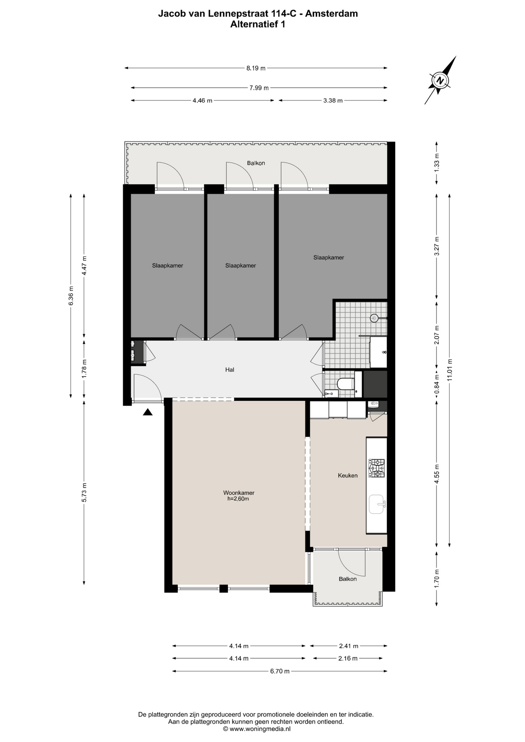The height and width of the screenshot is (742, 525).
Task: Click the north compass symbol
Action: [440, 81]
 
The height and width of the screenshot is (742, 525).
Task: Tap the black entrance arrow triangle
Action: [148, 412]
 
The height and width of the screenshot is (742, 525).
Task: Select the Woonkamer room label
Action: [239, 493]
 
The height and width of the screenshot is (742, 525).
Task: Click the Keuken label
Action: [348, 475]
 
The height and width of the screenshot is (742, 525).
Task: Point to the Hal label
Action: [230, 369]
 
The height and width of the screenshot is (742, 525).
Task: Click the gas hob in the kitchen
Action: [376, 468]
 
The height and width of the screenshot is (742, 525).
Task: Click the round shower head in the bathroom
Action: [374, 318]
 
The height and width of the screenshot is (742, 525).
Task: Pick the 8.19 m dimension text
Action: [256, 68]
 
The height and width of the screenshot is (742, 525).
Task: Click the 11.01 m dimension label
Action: [449, 370]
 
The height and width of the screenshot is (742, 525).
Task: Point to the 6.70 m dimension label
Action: [280, 671]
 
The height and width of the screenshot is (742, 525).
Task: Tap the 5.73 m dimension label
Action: [84, 493]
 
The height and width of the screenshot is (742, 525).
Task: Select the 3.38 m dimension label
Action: [333, 100]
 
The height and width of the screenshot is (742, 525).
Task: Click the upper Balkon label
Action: [256, 163]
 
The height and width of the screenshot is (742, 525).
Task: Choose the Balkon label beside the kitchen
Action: [348, 579]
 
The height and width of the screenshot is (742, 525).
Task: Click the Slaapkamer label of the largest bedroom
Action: [329, 257]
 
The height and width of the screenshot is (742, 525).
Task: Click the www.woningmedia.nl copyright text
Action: [257, 729]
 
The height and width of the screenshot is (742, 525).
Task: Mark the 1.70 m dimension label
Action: [436, 579]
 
